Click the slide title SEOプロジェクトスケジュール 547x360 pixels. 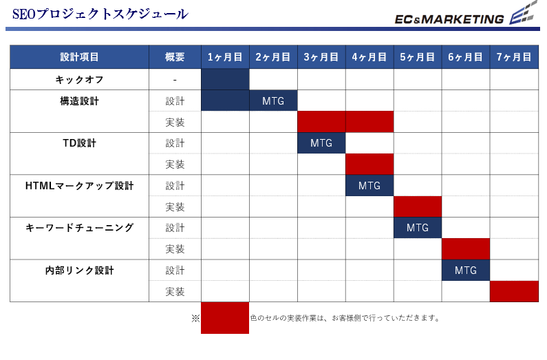[100, 14]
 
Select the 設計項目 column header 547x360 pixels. [79, 57]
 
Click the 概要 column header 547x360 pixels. [175, 57]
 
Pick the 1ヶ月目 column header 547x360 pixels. [225, 57]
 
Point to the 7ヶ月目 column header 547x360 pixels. [514, 57]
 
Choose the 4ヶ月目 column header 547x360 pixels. [369, 57]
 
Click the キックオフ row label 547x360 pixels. [79, 80]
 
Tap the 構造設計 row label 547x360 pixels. [79, 100]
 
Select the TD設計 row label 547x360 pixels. [79, 143]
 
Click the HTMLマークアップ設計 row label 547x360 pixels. [79, 186]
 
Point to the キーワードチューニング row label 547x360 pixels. [79, 228]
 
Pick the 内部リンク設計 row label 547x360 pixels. [79, 271]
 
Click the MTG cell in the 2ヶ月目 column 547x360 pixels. [273, 100]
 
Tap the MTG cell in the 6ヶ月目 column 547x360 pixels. [466, 271]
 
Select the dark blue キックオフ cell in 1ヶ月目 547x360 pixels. [225, 80]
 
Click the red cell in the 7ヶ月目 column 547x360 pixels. [514, 291]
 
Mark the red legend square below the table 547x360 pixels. [225, 318]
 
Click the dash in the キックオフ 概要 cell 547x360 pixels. [175, 81]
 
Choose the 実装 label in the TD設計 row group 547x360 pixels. [175, 165]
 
